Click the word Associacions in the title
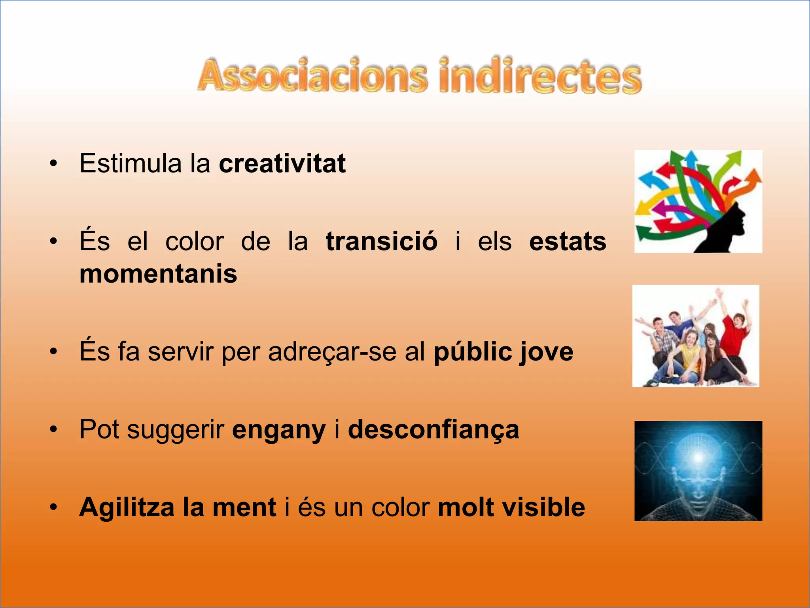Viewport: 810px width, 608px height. tap(312, 76)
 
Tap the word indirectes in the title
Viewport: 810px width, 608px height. tap(540, 76)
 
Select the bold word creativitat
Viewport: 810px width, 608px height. tap(282, 163)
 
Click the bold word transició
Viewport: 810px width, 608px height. tap(382, 241)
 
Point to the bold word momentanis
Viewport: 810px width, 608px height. tap(158, 274)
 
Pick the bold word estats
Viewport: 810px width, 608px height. tap(568, 241)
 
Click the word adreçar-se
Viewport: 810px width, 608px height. tap(332, 351)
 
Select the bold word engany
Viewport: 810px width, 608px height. tap(279, 430)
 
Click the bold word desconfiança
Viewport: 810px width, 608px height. tap(433, 430)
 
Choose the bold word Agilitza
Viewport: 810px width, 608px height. tap(127, 507)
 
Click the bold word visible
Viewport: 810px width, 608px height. tap(552, 507)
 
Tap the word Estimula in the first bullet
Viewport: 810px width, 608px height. tap(131, 163)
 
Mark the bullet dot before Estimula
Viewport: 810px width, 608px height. tap(54, 163)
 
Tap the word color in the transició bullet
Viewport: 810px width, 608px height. tap(195, 241)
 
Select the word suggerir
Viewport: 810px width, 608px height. tap(176, 430)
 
